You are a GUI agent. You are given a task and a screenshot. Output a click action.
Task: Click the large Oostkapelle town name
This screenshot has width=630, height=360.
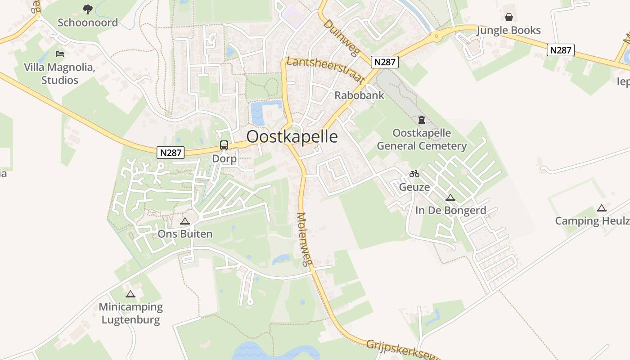[292, 136]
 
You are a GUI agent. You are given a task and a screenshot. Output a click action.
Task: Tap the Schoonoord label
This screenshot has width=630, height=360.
[88, 22]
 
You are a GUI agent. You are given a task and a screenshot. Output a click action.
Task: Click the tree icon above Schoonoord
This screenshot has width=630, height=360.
[88, 9]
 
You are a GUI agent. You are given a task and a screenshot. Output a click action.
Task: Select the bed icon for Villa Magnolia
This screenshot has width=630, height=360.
[59, 54]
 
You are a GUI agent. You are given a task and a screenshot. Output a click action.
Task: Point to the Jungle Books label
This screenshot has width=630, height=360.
[508, 30]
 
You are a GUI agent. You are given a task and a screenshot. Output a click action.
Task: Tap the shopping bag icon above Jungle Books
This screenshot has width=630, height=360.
[508, 17]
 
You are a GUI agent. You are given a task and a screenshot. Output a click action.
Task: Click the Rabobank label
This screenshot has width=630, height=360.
[360, 95]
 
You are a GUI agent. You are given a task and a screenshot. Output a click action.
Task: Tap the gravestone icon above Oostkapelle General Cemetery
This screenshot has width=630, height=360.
[422, 120]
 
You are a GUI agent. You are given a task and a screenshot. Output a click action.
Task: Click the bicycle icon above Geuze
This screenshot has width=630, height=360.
[414, 174]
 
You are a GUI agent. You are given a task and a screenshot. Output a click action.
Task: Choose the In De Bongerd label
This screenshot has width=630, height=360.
[450, 210]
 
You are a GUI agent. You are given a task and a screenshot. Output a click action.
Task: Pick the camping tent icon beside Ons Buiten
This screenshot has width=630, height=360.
[184, 221]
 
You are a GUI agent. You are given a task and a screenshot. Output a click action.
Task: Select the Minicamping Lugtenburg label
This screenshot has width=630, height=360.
[130, 313]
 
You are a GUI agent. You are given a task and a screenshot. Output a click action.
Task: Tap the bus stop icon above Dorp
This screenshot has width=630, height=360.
[224, 145]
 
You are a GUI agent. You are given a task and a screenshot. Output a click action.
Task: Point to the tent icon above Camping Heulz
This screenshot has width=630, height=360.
[601, 208]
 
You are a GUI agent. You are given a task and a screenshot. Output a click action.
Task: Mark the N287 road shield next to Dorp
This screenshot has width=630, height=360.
[171, 153]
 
